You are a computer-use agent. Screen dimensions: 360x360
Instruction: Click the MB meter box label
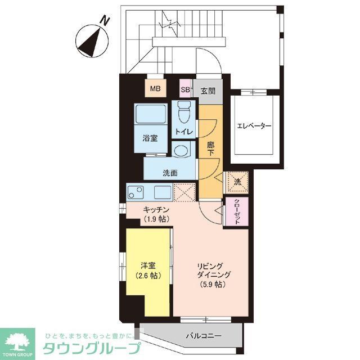[154, 88]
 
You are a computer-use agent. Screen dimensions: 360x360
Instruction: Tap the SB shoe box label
[185, 88]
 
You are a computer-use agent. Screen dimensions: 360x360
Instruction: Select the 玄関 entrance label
[208, 88]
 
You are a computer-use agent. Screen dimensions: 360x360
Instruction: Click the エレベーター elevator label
[254, 126]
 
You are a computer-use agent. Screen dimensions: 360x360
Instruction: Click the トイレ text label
[184, 132]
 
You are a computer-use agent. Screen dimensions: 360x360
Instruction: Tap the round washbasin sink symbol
[182, 150]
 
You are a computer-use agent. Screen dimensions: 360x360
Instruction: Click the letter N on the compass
[103, 21]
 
